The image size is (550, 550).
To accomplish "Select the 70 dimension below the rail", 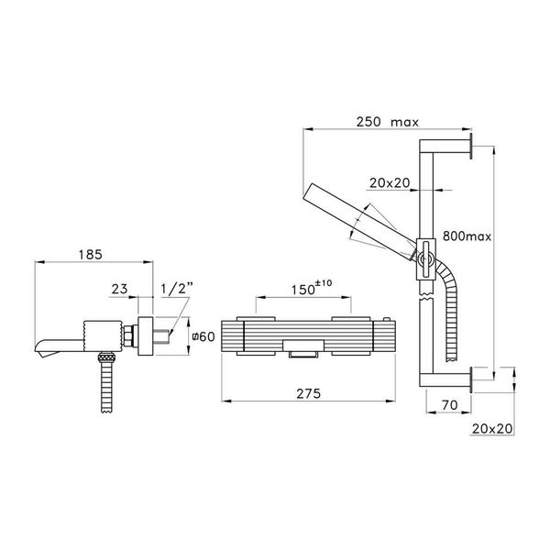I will (448, 402).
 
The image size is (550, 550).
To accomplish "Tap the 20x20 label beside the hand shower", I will (390, 182).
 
